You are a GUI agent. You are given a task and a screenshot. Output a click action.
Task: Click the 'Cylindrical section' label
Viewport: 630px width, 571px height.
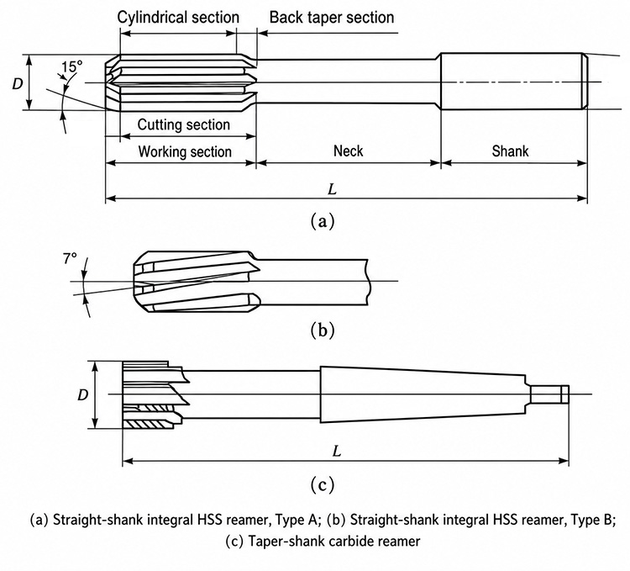(178, 18)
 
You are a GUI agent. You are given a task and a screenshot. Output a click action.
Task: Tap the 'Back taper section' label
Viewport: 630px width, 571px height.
(332, 18)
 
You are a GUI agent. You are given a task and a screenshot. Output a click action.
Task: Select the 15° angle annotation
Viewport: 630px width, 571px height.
(72, 66)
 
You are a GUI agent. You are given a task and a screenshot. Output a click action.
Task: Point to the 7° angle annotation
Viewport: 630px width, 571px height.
(70, 259)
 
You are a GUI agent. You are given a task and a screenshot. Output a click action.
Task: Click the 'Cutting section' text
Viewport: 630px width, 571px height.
(184, 124)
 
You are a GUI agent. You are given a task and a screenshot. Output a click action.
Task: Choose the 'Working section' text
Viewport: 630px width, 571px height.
(185, 151)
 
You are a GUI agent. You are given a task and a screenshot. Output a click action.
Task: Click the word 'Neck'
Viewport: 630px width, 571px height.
(349, 151)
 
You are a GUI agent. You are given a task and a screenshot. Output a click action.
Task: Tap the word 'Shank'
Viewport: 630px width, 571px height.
(510, 151)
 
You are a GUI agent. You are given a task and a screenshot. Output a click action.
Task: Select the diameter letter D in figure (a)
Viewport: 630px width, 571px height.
(18, 83)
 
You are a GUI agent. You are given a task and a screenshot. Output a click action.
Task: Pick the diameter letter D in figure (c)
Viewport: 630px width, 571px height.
(82, 395)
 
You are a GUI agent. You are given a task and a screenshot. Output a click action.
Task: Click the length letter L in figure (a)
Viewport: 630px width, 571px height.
(332, 189)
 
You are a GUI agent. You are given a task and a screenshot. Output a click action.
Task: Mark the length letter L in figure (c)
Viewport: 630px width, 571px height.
(337, 452)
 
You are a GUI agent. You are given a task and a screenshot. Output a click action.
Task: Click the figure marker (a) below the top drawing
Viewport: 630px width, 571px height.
(323, 221)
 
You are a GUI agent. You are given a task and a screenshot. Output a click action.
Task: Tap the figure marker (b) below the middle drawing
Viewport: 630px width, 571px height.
(323, 330)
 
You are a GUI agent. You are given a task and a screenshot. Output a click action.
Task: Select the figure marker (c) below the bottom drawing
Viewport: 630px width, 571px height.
(323, 484)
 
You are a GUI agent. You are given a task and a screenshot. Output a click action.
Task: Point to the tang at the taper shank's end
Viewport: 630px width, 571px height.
(549, 394)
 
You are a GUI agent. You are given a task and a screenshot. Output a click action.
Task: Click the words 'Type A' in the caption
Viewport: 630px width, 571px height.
(298, 520)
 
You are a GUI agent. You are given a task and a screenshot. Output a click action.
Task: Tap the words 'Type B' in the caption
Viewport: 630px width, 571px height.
(593, 520)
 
